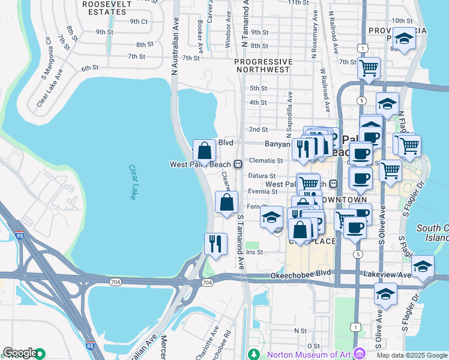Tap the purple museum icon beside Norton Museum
point(359,353)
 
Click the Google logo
point(19,353)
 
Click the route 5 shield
point(358,254)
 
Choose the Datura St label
point(262,176)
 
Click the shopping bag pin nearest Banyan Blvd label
point(204,151)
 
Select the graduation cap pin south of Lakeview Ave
point(385,295)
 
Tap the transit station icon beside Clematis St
point(238,164)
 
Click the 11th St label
point(298,3)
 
